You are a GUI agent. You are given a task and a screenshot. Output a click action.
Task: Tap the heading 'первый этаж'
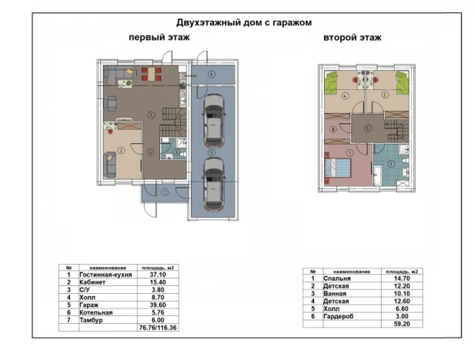click(159, 37)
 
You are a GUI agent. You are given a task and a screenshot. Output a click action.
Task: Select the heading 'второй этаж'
click(352, 37)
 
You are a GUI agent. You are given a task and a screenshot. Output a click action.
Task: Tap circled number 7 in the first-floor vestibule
click(164, 191)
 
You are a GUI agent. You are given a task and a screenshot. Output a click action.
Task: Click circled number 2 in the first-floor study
click(121, 151)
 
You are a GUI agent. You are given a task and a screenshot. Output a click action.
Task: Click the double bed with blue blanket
click(338, 168)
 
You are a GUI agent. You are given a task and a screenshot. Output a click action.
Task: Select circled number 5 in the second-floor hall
click(367, 128)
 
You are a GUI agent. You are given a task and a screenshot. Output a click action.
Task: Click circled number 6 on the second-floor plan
click(332, 130)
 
